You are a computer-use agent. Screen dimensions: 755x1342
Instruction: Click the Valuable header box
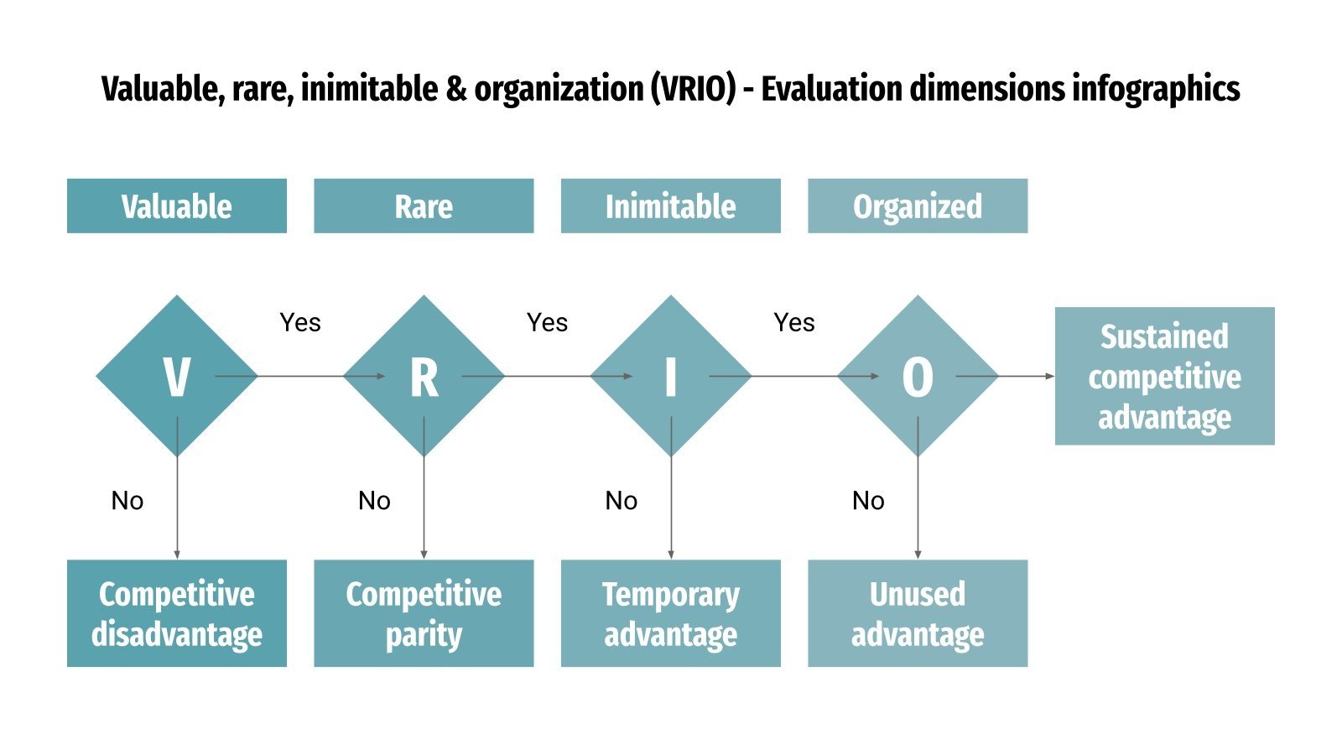coord(176,206)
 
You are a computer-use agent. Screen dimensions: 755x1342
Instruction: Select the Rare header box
coord(424,206)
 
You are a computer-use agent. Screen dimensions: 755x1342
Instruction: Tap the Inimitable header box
coord(670,206)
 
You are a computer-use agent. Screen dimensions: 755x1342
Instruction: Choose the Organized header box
coord(918,206)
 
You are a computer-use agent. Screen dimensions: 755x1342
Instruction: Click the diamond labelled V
coord(176,376)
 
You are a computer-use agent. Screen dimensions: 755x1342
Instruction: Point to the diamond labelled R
coord(424,376)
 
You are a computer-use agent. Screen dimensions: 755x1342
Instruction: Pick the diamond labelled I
coord(670,376)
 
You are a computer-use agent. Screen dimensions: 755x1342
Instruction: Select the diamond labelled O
coord(918,376)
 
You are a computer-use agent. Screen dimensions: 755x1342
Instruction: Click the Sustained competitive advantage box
coord(1164,376)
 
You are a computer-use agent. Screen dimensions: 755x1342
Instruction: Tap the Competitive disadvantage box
coord(176,613)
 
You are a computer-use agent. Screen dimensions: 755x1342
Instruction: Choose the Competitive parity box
coord(424,613)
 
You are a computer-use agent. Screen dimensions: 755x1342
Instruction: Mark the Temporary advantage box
coord(670,613)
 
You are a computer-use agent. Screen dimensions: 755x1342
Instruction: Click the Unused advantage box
coord(918,613)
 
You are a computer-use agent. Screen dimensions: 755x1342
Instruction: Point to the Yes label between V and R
coord(300,323)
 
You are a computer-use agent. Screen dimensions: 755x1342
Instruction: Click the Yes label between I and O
coord(794,323)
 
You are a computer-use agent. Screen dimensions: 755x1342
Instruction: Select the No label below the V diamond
coord(127,501)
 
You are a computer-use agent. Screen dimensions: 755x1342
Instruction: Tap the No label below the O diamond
coord(868,501)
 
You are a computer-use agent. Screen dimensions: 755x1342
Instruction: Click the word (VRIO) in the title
coord(693,89)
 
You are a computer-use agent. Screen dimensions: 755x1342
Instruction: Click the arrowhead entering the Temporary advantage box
coord(671,555)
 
